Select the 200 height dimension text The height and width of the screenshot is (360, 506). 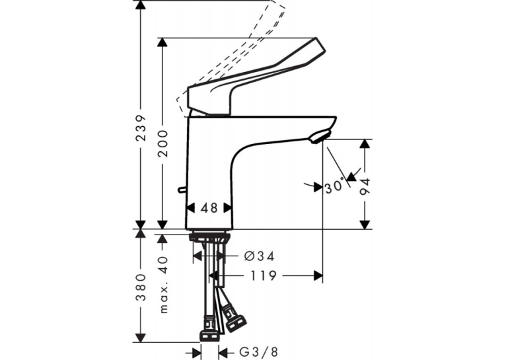point(163,143)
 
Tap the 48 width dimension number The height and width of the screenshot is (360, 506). point(209,208)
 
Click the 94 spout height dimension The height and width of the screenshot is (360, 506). point(365,187)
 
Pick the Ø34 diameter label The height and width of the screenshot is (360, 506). point(259,256)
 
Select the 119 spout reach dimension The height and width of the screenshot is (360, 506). point(264,275)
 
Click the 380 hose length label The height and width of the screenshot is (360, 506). point(141,287)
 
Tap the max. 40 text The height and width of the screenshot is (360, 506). point(164,285)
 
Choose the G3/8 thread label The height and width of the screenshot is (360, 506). point(258,352)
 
